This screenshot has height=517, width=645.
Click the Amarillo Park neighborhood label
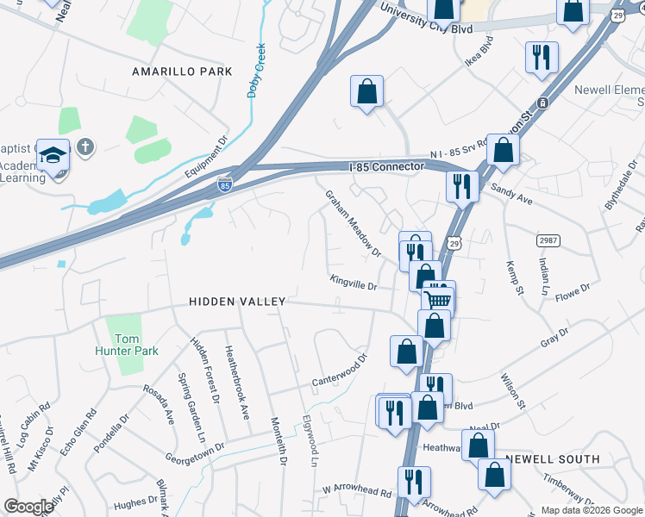pos(182,72)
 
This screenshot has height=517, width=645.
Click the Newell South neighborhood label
pos(553,459)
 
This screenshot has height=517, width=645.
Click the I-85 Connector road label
pos(386,165)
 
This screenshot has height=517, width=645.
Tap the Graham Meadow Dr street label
pos(353,223)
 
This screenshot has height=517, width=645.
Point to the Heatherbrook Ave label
pos(236,383)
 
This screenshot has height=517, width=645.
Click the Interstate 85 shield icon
pos(224,184)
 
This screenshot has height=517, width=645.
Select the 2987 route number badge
pos(547,240)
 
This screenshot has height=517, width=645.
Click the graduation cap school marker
pos(53,156)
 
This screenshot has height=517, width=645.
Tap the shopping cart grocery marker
pos(438,298)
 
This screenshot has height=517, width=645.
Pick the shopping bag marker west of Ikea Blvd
pos(366,90)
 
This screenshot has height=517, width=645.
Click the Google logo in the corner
pos(28,507)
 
